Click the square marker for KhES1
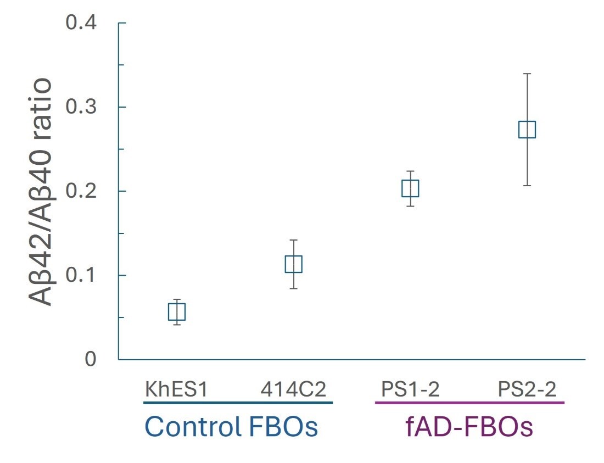176,312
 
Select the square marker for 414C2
293,264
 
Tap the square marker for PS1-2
410,188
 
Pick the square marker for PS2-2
527,130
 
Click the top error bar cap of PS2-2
527,74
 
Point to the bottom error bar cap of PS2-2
527,186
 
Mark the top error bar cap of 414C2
293,240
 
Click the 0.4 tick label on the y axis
81,23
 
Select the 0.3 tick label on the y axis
81,107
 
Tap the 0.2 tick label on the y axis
81,191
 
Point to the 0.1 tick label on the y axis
81,275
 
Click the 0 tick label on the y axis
91,359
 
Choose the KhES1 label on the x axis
176,389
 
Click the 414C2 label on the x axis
293,389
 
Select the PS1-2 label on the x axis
410,389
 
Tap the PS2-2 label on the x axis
527,389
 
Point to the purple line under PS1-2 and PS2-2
469,403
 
